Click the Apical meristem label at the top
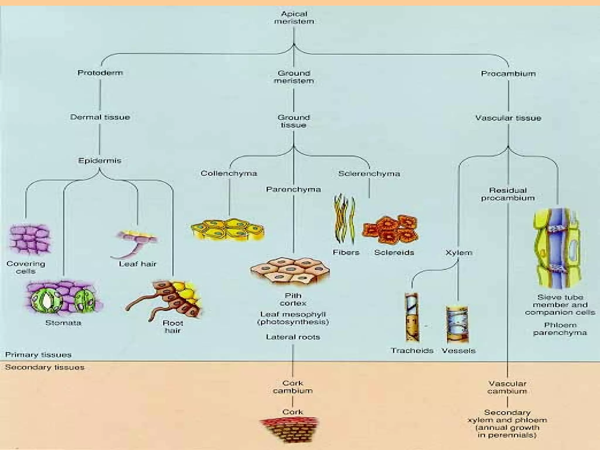pyautogui.click(x=294, y=18)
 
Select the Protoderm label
pyautogui.click(x=100, y=73)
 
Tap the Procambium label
pyautogui.click(x=508, y=74)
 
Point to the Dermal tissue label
pyautogui.click(x=100, y=117)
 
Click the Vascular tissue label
pyautogui.click(x=508, y=118)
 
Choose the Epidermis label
pyautogui.click(x=100, y=161)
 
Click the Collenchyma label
pyautogui.click(x=229, y=173)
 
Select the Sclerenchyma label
pyautogui.click(x=369, y=174)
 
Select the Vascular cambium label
pyautogui.click(x=507, y=387)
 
